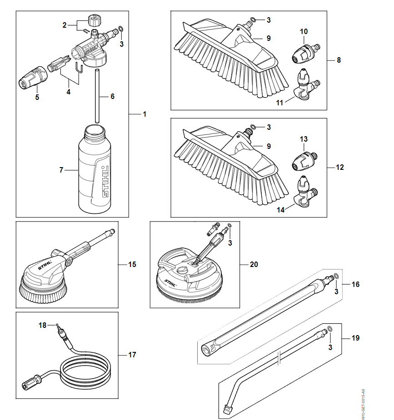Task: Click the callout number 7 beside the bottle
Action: tap(61, 170)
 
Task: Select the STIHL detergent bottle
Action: tap(95, 170)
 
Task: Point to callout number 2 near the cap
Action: tap(65, 24)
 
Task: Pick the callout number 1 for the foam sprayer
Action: tap(145, 114)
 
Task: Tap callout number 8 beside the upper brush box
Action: tap(339, 60)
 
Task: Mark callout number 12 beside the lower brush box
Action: tap(340, 168)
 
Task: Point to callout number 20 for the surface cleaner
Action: tap(254, 264)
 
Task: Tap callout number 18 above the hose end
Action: tap(42, 325)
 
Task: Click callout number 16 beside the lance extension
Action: tap(355, 284)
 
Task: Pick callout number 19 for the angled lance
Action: tap(355, 338)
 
